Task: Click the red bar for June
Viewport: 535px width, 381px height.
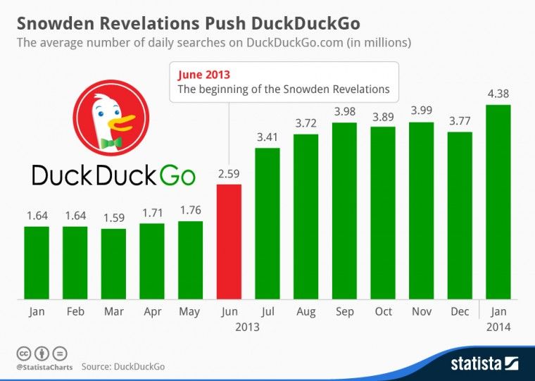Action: [229, 242]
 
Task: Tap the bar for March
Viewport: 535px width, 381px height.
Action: [113, 263]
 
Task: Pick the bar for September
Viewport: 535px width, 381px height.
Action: [344, 211]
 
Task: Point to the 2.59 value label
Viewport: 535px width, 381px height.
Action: [229, 173]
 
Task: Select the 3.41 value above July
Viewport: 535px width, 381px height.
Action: [267, 135]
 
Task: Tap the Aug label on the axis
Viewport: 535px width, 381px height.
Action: [306, 311]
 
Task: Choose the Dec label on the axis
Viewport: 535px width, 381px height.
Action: [459, 311]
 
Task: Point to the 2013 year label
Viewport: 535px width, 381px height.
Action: [248, 327]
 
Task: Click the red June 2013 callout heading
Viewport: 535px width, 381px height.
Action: [203, 74]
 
